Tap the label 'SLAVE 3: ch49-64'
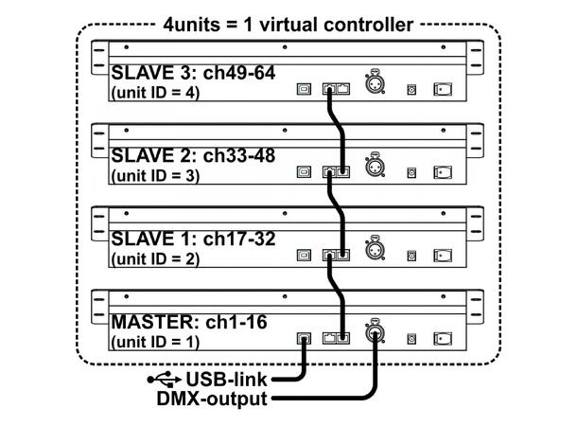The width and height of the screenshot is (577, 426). click(193, 72)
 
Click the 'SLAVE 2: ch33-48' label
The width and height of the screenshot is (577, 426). click(193, 154)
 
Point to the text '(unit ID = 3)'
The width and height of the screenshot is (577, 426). click(155, 175)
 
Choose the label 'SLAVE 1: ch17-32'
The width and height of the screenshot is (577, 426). click(193, 238)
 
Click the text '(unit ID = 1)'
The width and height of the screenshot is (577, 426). click(155, 341)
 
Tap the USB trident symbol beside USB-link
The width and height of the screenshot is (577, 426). click(164, 380)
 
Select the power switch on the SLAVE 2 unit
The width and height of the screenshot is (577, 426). click(442, 173)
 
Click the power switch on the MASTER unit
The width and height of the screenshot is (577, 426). click(442, 337)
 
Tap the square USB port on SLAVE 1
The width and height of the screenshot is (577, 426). click(302, 256)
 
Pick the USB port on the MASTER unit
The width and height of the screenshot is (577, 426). click(302, 338)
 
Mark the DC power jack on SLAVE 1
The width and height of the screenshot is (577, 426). click(411, 257)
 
